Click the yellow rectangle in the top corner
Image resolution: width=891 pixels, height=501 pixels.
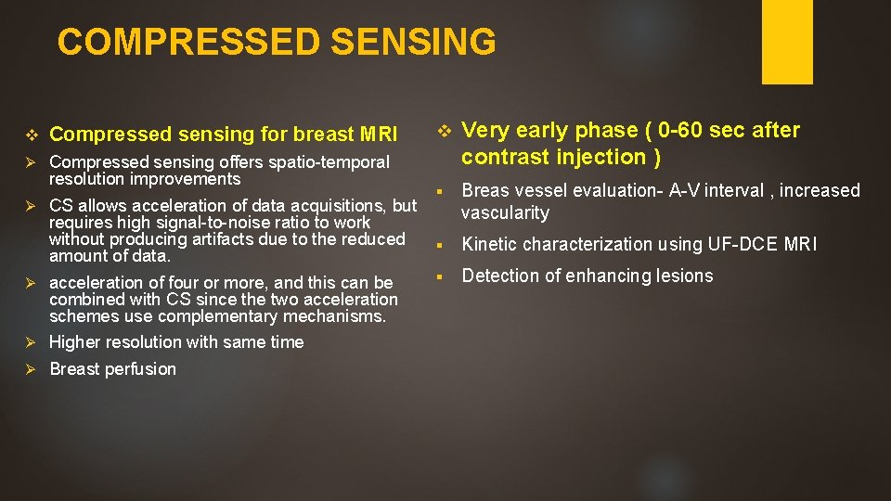click(787, 42)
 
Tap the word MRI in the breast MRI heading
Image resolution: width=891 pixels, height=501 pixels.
click(380, 135)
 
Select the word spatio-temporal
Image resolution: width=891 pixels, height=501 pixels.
click(329, 162)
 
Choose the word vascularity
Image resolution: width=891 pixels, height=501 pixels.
click(506, 212)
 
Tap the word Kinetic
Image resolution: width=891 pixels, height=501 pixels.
click(491, 244)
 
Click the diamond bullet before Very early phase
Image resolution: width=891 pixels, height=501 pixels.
click(444, 129)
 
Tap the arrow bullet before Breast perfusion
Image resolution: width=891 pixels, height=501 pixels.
click(29, 369)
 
